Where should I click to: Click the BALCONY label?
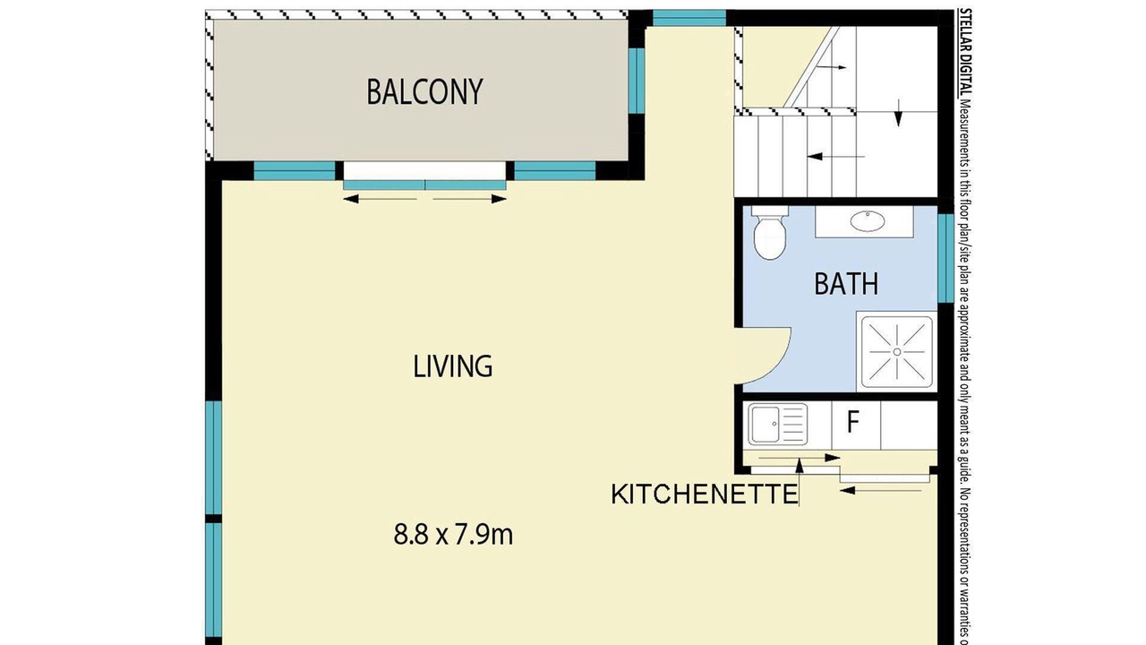tap(424, 92)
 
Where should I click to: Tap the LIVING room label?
tap(453, 366)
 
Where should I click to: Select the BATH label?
tap(846, 284)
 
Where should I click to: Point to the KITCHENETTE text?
tap(705, 494)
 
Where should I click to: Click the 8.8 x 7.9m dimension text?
tap(453, 535)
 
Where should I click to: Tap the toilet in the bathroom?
tap(770, 233)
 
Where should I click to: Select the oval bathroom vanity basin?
tap(868, 221)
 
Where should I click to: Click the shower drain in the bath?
tap(897, 352)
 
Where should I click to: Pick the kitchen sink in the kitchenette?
tap(778, 425)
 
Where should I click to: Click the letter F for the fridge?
tap(852, 422)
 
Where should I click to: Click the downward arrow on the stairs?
tap(898, 112)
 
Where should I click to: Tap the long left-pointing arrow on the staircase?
tap(836, 157)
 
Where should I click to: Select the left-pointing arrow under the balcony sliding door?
tap(381, 199)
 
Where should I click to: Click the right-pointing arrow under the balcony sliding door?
tap(470, 199)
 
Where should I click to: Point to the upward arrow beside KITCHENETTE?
tap(800, 482)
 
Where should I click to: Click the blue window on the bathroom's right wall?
tap(945, 258)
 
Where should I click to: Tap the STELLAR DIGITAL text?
tap(965, 52)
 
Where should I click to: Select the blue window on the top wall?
tap(689, 18)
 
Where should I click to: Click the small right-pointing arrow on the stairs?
tap(832, 67)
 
